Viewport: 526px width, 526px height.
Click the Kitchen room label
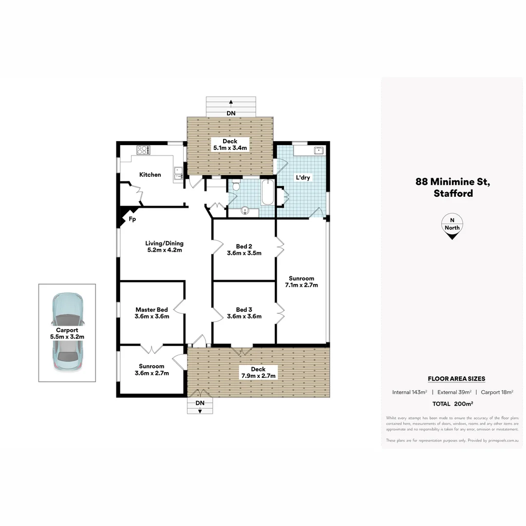150,174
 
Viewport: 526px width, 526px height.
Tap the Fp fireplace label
132,220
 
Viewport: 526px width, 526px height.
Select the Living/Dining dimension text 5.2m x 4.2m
165,251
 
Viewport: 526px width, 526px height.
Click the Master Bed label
151,309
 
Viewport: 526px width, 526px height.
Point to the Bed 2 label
244,246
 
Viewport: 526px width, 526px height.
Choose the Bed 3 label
244,309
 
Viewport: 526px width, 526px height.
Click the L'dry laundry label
302,178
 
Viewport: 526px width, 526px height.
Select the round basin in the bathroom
245,210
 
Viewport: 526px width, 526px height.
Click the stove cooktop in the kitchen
144,150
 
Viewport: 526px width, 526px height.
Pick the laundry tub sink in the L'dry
319,150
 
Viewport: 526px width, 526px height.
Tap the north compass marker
452,227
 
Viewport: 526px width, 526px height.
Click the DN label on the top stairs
231,113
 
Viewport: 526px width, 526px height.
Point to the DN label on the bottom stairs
200,403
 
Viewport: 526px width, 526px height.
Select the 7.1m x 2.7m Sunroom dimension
301,285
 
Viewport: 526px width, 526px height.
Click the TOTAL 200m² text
453,404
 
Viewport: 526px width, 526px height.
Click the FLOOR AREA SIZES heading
456,378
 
